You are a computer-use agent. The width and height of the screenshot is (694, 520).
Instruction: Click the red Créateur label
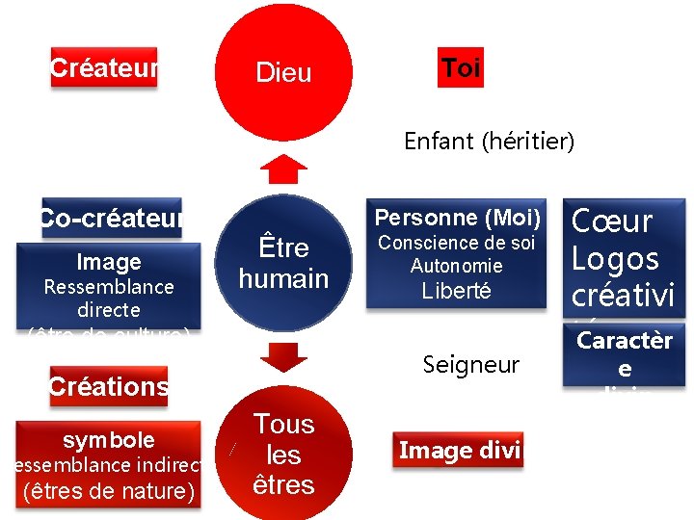tap(103, 68)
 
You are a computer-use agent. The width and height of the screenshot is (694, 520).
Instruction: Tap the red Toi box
tap(461, 68)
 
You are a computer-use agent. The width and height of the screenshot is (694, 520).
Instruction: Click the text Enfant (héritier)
tap(489, 143)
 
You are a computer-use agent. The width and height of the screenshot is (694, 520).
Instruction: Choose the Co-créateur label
tap(112, 219)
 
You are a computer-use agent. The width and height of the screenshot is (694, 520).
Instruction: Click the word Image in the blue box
tap(109, 262)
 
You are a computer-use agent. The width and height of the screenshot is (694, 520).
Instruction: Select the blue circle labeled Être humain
tap(283, 263)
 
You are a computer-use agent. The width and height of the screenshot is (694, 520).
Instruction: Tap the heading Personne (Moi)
tap(458, 218)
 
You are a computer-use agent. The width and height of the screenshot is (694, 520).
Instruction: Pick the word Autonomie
tap(456, 266)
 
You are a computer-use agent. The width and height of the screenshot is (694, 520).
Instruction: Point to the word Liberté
tap(456, 291)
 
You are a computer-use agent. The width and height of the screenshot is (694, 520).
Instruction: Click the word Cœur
tap(612, 221)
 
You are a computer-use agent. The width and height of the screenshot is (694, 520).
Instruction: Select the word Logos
tap(615, 258)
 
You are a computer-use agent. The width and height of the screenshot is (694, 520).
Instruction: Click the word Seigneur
tap(470, 365)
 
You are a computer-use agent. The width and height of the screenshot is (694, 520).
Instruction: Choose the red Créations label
tap(109, 387)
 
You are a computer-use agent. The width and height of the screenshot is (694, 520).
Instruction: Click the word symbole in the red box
tap(109, 440)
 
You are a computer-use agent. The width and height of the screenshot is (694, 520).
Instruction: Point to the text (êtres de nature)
tap(109, 491)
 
